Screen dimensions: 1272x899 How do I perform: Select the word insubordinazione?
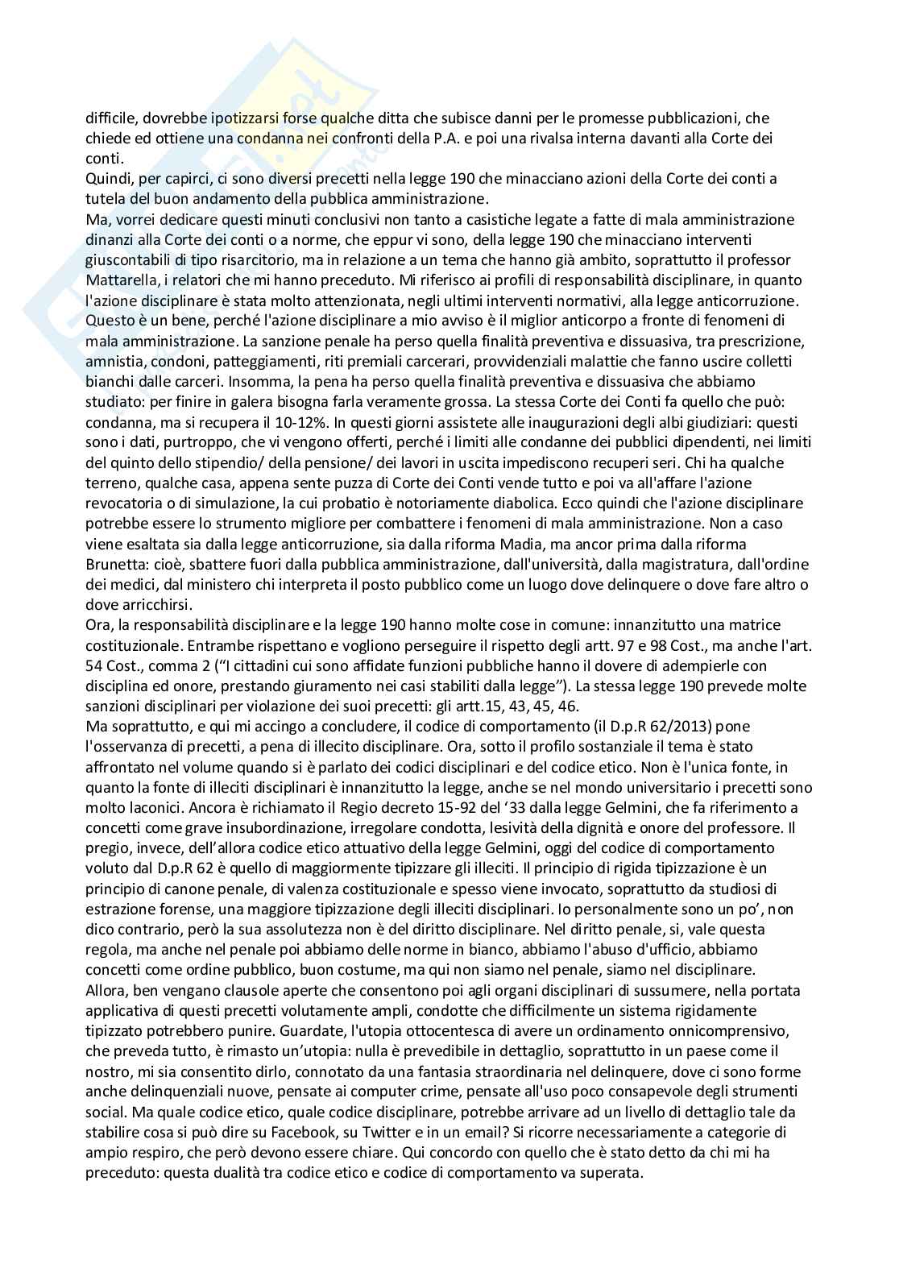tap(246, 827)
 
